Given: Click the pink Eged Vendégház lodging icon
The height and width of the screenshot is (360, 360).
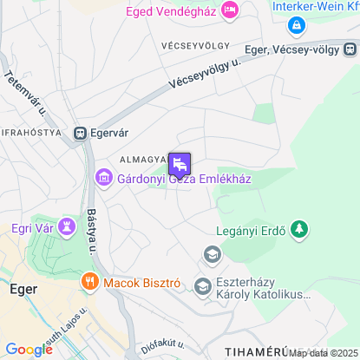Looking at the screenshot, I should point(230,10).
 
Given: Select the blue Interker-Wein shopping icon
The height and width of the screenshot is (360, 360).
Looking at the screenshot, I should point(298,26).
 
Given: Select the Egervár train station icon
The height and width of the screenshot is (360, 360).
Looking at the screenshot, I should point(80,134).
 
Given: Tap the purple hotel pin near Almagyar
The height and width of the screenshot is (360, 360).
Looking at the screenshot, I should point(180,163).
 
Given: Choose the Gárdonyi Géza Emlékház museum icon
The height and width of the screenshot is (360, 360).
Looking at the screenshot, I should point(103,179).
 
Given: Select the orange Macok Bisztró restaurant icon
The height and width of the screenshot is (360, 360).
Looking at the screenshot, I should point(89,282).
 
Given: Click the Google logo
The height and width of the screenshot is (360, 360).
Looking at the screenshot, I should point(29,350).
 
